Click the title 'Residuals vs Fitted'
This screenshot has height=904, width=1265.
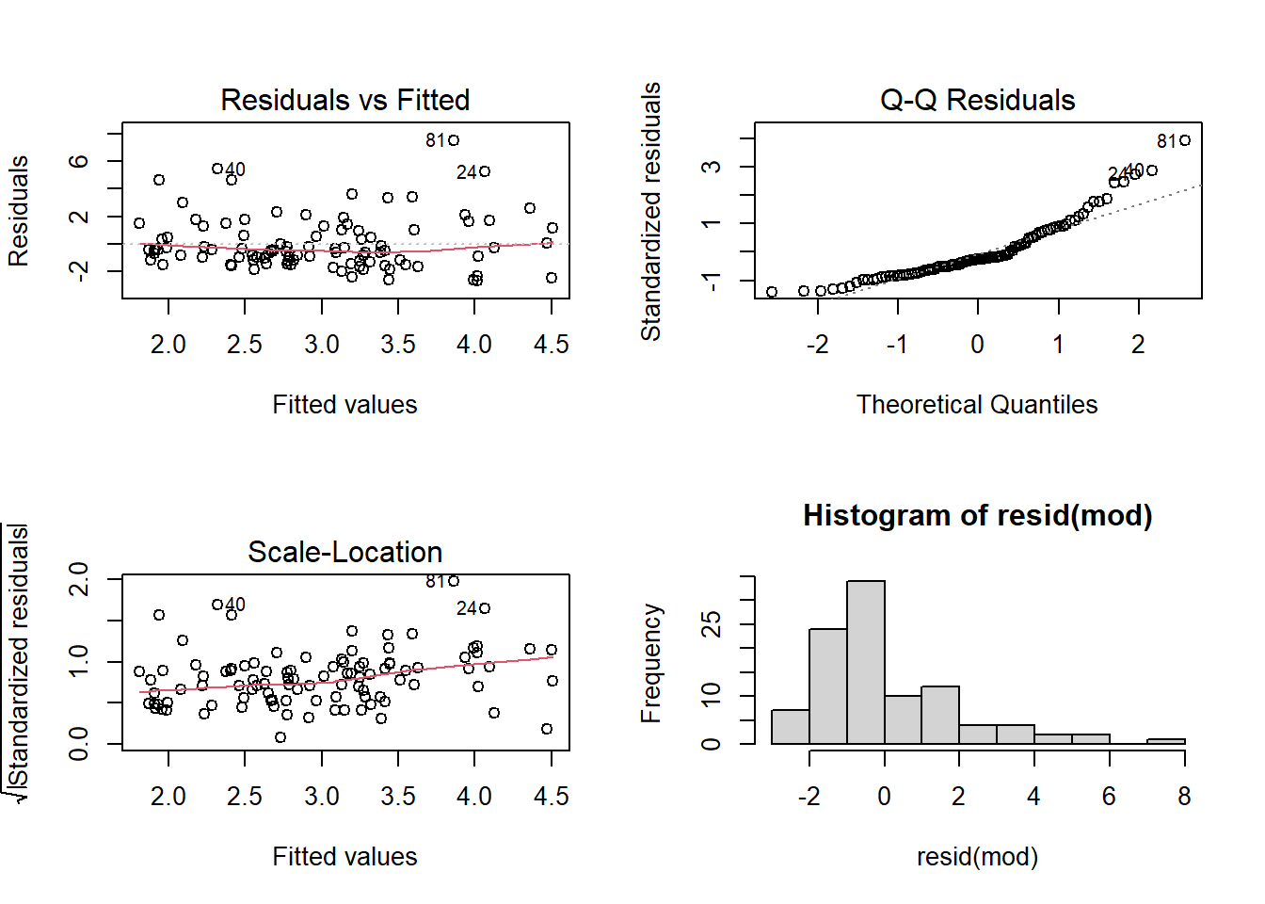pos(344,100)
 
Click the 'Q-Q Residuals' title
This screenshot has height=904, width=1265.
pos(977,100)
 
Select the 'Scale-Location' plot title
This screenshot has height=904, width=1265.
pos(344,552)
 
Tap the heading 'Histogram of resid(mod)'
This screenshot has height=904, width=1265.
pos(977,515)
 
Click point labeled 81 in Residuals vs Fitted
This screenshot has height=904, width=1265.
pos(454,140)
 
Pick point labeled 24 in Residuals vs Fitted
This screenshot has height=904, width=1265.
pos(485,171)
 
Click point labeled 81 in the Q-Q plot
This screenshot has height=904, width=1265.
pos(1185,140)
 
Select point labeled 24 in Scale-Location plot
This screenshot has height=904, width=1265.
pos(485,608)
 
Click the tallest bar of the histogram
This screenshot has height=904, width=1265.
pos(865,663)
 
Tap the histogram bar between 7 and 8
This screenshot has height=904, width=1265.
pos(1165,741)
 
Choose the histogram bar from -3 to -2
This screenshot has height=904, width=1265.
pos(790,727)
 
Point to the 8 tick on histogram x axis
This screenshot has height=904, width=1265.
pos(1184,797)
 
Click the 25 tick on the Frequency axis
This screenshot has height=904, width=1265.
pos(712,623)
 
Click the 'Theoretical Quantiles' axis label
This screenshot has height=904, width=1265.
pos(977,405)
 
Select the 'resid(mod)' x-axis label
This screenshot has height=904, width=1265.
pos(977,857)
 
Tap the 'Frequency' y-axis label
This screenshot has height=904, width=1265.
pos(650,663)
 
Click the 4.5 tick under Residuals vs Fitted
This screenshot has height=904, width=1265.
pos(551,345)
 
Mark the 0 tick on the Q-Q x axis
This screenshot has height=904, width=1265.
pos(978,345)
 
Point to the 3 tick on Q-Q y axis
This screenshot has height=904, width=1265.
pos(712,167)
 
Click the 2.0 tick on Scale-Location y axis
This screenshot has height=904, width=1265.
pos(79,578)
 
